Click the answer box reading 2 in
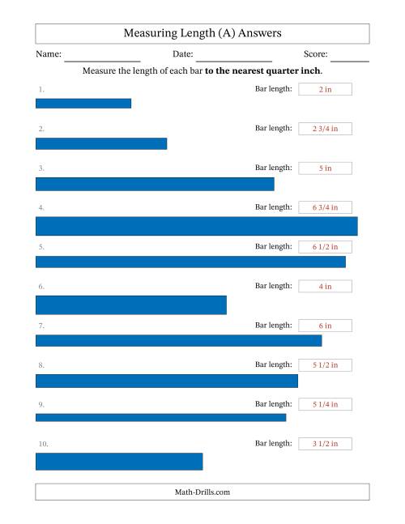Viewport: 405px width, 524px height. pyautogui.click(x=325, y=89)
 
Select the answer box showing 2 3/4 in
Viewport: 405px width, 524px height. pyautogui.click(x=325, y=129)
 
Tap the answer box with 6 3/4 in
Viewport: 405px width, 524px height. pyautogui.click(x=325, y=207)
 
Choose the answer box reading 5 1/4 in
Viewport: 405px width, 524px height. pyautogui.click(x=325, y=404)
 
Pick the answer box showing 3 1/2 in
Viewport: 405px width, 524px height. pyautogui.click(x=325, y=444)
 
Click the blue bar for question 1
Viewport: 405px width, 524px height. pyautogui.click(x=83, y=104)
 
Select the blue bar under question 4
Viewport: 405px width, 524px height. pyautogui.click(x=197, y=226)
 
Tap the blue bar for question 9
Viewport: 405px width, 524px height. pyautogui.click(x=160, y=417)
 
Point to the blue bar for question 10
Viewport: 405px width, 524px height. pyautogui.click(x=119, y=462)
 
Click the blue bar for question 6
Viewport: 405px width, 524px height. pyautogui.click(x=131, y=305)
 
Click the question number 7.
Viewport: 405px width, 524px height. pyautogui.click(x=41, y=326)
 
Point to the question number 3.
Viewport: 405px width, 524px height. pyautogui.click(x=41, y=168)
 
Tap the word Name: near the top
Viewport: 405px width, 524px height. pyautogui.click(x=49, y=53)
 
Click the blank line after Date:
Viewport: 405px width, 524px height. pyautogui.click(x=234, y=62)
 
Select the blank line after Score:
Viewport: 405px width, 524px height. pyautogui.click(x=350, y=62)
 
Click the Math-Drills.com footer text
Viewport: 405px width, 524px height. pyautogui.click(x=202, y=492)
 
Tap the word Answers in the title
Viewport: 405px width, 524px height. pyautogui.click(x=260, y=33)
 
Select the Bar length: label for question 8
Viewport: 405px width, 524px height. pyautogui.click(x=273, y=364)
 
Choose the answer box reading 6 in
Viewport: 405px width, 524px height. pyautogui.click(x=325, y=326)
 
